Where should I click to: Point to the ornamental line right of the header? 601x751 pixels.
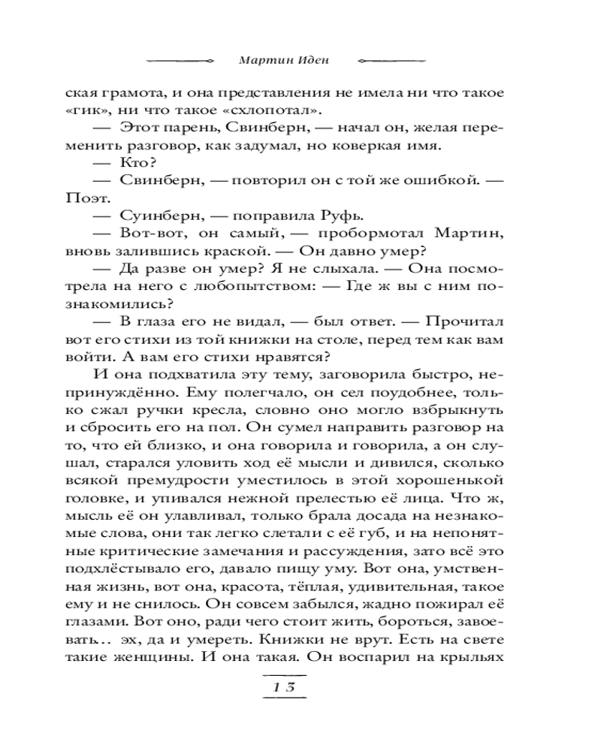pyautogui.click(x=393, y=60)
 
